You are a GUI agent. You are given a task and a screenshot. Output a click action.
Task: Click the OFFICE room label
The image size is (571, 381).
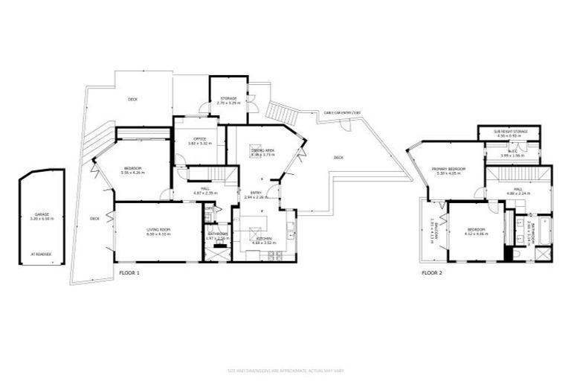[x=199, y=138]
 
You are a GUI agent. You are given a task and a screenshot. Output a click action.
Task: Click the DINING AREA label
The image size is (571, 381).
[x=263, y=150]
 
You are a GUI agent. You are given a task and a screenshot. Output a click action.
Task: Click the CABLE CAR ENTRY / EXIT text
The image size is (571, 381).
[x=342, y=113]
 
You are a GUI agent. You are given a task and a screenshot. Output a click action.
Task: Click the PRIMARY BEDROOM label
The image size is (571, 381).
[x=448, y=169]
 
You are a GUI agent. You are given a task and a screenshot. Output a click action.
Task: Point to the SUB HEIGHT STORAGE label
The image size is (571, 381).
[x=511, y=132]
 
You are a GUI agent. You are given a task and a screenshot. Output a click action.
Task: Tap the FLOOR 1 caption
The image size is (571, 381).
[x=129, y=273]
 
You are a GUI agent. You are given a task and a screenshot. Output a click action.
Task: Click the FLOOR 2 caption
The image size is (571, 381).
[x=432, y=273]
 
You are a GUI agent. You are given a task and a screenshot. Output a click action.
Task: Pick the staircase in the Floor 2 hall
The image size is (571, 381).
[x=519, y=174]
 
